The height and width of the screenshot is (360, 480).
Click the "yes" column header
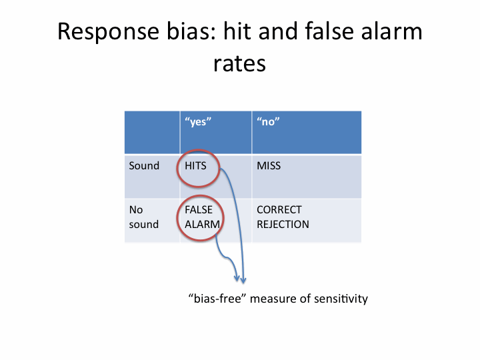point(198,122)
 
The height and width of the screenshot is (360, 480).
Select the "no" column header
point(268,122)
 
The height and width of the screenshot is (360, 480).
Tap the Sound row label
point(144,165)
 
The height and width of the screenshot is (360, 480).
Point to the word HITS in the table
point(195,165)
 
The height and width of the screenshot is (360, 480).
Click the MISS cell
point(269,165)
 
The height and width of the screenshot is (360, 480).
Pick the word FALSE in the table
point(199,210)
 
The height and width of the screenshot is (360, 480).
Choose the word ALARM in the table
point(202,225)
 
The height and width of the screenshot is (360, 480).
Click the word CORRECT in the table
point(279,210)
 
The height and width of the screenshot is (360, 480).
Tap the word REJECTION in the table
point(283,225)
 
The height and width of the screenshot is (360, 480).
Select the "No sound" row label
point(144,217)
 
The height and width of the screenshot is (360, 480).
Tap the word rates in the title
point(240,64)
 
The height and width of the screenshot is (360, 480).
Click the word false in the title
point(329,31)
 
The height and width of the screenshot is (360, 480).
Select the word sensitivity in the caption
point(341,299)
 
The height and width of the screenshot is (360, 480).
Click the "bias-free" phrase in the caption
point(217,299)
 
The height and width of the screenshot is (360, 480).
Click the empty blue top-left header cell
point(152,132)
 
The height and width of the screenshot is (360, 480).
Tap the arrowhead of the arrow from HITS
point(243,281)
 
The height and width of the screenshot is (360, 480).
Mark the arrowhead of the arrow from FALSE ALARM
point(237,278)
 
